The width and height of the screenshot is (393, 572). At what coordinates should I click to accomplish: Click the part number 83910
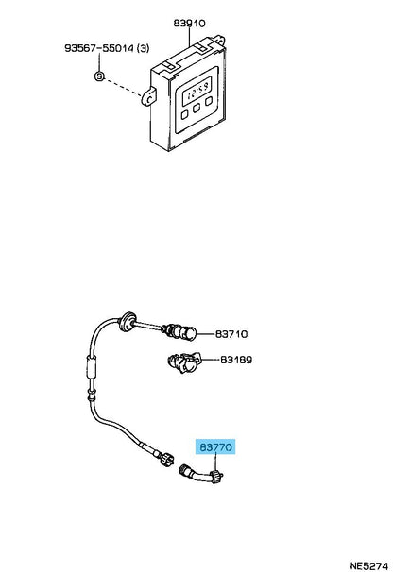click(189, 24)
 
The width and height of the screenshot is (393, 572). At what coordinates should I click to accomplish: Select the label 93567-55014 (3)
click(107, 48)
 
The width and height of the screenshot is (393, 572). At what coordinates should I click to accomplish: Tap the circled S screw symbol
click(99, 76)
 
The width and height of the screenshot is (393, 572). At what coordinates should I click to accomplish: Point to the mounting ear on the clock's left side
click(149, 96)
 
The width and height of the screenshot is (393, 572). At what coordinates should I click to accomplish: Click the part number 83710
click(231, 334)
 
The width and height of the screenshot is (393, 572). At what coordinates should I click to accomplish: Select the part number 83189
click(236, 360)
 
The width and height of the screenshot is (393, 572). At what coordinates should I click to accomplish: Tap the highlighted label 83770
click(215, 446)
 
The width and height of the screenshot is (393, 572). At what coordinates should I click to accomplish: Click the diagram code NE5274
click(368, 565)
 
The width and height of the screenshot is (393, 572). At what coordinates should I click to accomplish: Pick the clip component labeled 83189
click(183, 362)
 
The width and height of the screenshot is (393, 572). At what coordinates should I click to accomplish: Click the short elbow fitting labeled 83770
click(201, 474)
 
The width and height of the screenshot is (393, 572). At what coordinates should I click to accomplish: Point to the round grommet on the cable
click(128, 321)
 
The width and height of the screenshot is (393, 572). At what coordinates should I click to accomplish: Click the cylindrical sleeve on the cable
click(92, 367)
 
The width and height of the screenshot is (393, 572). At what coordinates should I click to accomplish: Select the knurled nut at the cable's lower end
click(167, 458)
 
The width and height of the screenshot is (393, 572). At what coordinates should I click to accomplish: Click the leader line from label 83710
click(206, 334)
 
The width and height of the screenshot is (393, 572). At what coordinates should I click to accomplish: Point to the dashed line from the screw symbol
click(124, 87)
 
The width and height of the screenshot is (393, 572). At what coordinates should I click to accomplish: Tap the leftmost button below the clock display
click(185, 114)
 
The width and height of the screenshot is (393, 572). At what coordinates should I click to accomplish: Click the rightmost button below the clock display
click(209, 101)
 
